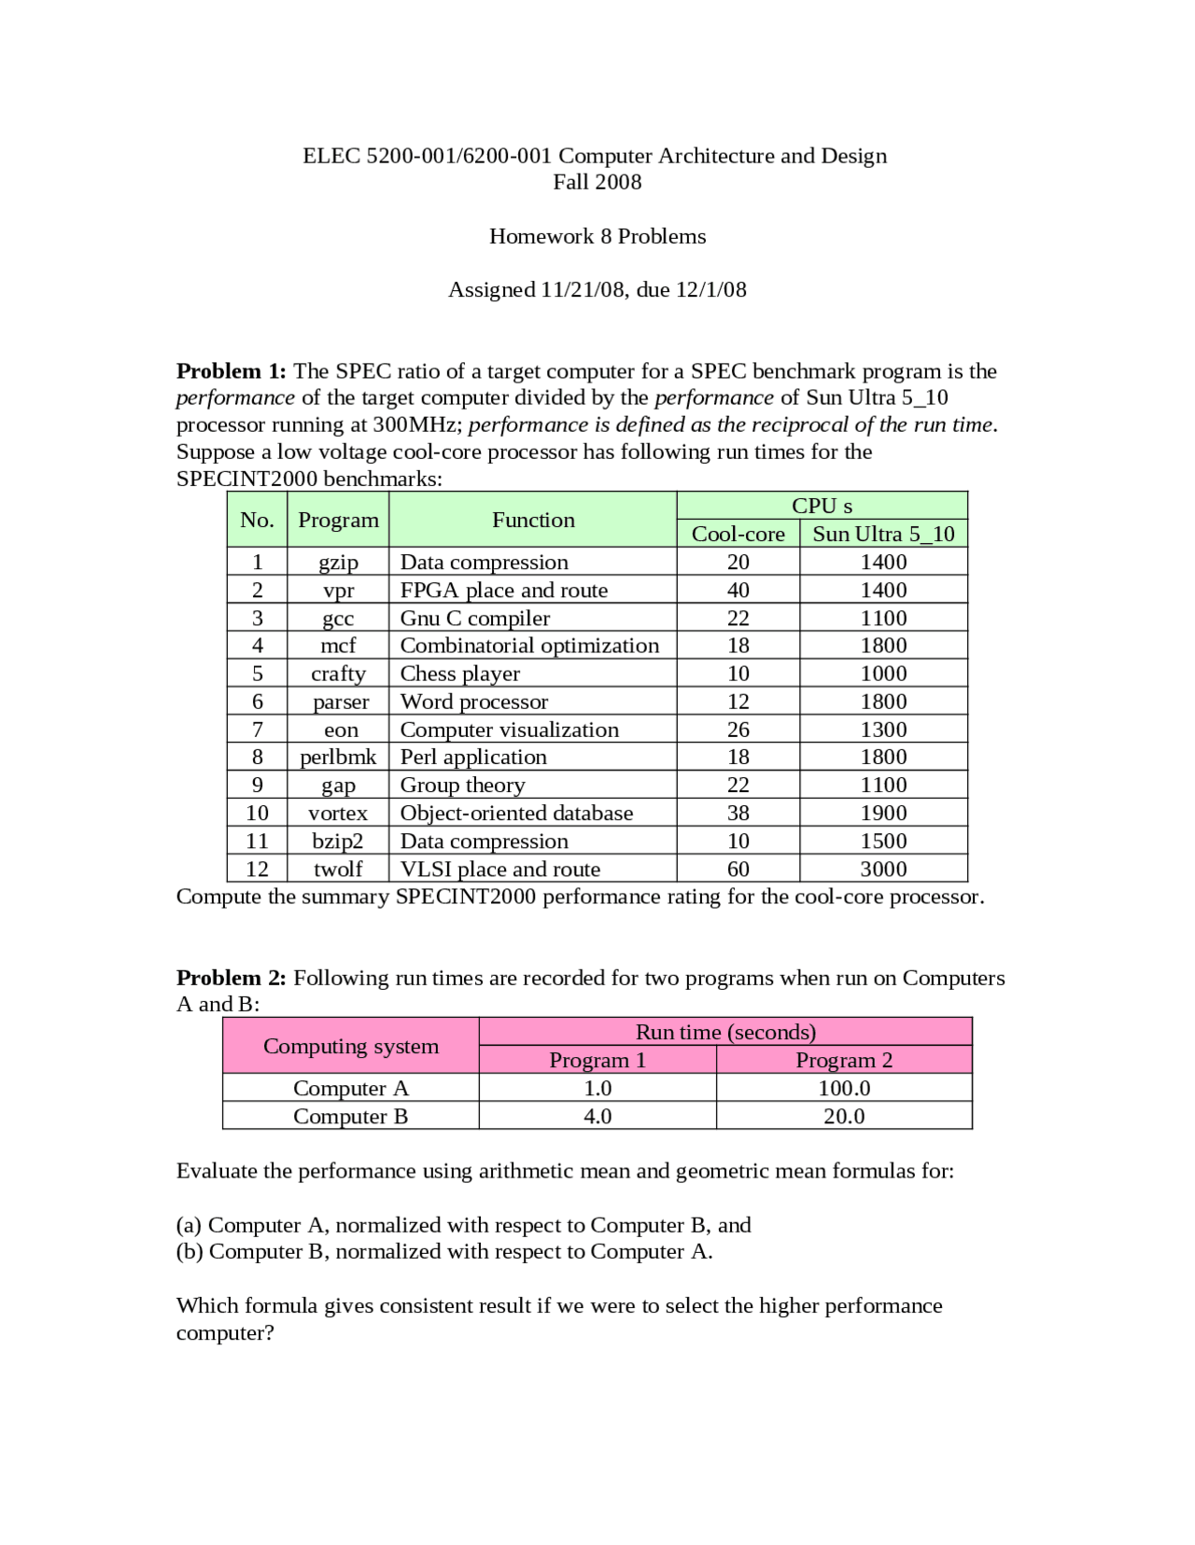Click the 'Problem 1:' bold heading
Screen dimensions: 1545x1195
(x=231, y=371)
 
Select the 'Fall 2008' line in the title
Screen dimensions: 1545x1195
(x=597, y=182)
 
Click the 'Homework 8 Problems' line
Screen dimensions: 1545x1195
(x=597, y=236)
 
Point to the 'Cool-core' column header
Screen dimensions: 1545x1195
(x=738, y=534)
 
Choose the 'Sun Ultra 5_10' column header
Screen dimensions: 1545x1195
(x=883, y=534)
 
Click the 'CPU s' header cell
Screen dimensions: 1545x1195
(x=822, y=506)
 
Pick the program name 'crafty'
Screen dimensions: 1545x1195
(x=338, y=674)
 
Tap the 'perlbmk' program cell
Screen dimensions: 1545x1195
(x=338, y=757)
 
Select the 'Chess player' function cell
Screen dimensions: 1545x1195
(x=459, y=674)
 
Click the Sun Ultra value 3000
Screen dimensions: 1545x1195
(x=883, y=869)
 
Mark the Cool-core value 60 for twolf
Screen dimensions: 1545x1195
(x=738, y=869)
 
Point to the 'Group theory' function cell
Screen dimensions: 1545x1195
(x=462, y=785)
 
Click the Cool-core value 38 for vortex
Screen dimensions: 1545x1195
(x=738, y=813)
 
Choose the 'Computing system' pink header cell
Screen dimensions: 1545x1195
(x=351, y=1046)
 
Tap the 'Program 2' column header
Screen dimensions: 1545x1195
(x=844, y=1060)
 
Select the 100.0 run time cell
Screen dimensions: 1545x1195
(x=844, y=1088)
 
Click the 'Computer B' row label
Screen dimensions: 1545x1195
(x=351, y=1116)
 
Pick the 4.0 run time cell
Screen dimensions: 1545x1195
(x=597, y=1116)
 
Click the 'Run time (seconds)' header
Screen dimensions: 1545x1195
(x=725, y=1032)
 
